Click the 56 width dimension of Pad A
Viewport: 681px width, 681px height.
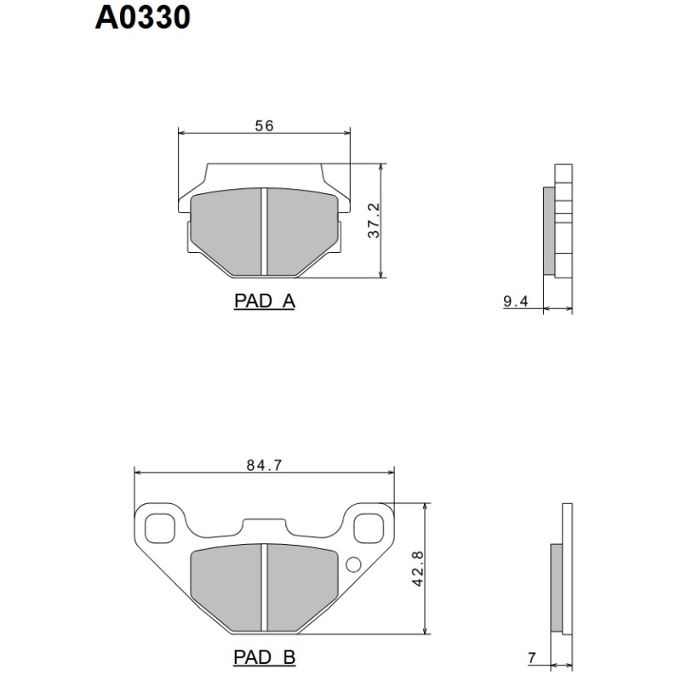pyautogui.click(x=264, y=125)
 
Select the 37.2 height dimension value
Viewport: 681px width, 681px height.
pyautogui.click(x=372, y=220)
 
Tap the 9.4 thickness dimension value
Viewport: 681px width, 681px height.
pyautogui.click(x=516, y=300)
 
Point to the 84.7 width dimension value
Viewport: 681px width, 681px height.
pyautogui.click(x=264, y=465)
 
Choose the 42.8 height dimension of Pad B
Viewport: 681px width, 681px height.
pyautogui.click(x=417, y=568)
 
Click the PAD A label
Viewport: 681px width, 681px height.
pyautogui.click(x=264, y=301)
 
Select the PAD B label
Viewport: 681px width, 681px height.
pyautogui.click(x=264, y=658)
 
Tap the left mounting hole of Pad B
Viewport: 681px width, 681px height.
pyautogui.click(x=158, y=528)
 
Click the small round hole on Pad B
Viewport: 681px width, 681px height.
pyautogui.click(x=353, y=564)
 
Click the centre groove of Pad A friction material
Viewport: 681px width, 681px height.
pyautogui.click(x=265, y=232)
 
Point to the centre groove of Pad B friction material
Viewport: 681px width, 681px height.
pyautogui.click(x=265, y=588)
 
